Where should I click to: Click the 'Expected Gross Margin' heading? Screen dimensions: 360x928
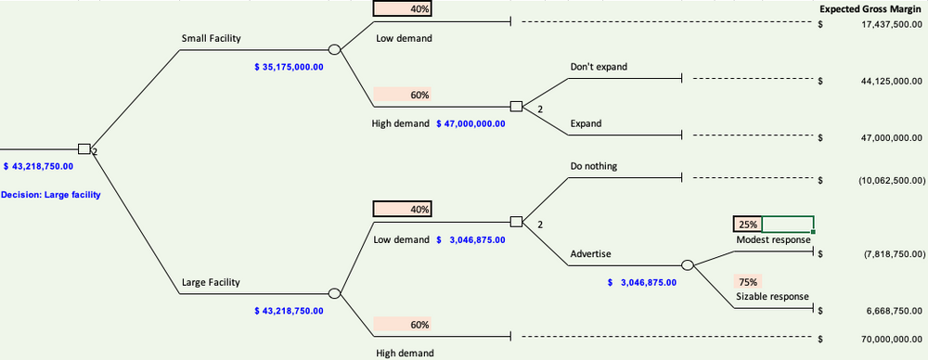coord(870,9)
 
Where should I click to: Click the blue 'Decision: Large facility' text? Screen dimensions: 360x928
coord(51,195)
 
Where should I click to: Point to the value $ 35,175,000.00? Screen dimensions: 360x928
coord(289,67)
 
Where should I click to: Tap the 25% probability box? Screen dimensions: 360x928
coord(747,224)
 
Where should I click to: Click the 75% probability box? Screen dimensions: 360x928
coord(748,281)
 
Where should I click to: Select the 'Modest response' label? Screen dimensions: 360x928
coord(773,239)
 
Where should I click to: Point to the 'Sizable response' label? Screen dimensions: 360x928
coord(772,297)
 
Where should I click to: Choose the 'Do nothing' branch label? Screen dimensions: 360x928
coord(594,166)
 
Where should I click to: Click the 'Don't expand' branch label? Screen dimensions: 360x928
coord(599,67)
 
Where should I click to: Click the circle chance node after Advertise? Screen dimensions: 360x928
coord(688,265)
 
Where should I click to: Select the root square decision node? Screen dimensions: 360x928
coord(84,148)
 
